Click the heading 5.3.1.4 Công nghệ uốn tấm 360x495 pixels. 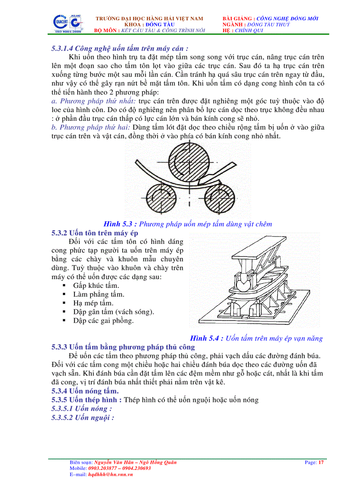(120, 49)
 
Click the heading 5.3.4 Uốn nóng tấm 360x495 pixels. (85, 391)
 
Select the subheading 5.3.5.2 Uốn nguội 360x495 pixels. (82, 417)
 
